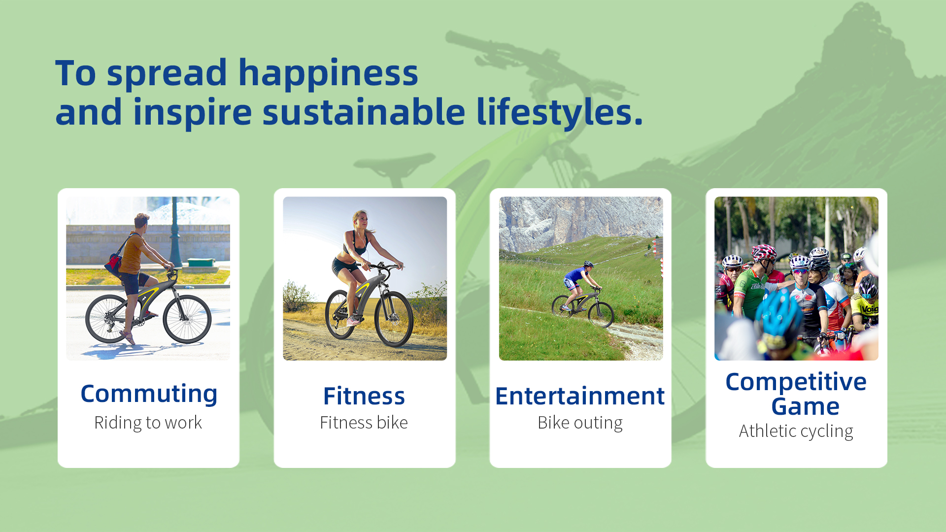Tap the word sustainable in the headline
pos(364,112)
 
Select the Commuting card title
pos(149,394)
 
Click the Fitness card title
pos(364,396)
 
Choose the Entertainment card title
pos(580,396)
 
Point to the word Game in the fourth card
pos(805,406)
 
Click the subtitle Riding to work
pos(148,423)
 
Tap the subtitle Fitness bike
pos(364,423)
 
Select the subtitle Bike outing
pos(580,423)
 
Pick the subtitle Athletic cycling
pos(796,431)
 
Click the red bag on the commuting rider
pos(114,264)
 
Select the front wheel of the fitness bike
pos(393,319)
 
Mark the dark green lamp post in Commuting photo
pos(175,232)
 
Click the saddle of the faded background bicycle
pos(394,163)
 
